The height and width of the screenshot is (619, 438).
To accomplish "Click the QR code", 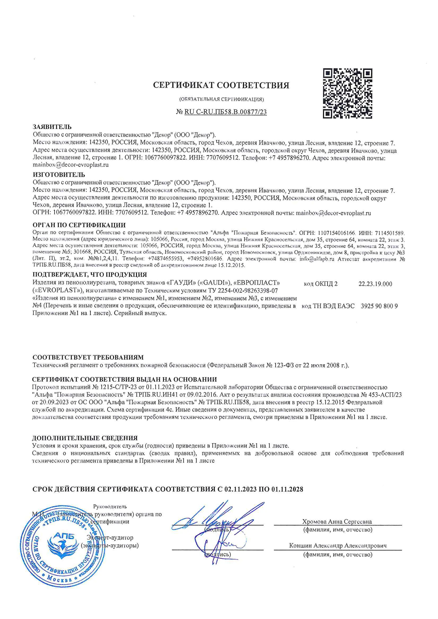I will pos(348,93).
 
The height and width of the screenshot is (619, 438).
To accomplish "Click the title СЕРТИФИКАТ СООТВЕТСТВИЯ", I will pos(221,85).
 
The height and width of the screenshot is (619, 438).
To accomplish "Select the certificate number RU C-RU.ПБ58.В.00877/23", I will pos(225,112).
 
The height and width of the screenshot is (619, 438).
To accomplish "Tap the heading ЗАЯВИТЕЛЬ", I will pos(52,127).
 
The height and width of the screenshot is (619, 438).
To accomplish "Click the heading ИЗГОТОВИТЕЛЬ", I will pos(59,174).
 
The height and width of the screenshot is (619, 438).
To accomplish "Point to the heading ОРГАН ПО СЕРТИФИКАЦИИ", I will pos(79,225).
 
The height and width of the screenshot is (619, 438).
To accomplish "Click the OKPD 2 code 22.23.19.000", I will pos(375,284).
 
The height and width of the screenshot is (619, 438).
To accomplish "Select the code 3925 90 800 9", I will pos(379,306).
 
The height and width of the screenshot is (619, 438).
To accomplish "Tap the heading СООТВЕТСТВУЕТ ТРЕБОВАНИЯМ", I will pos(88,357).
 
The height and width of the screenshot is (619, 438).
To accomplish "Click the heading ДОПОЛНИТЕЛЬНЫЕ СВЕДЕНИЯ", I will pos(85,438).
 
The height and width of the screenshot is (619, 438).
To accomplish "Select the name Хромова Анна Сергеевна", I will pos(337,522).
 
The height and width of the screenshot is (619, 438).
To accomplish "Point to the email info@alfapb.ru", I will pos(317,259).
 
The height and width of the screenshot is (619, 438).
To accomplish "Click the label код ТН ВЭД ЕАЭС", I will pos(328,306).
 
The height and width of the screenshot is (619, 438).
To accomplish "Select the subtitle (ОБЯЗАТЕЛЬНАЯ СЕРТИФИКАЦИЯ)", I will pos(222,99).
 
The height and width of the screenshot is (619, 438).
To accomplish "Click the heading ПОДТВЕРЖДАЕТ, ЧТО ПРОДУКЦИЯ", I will pos(90,275).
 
